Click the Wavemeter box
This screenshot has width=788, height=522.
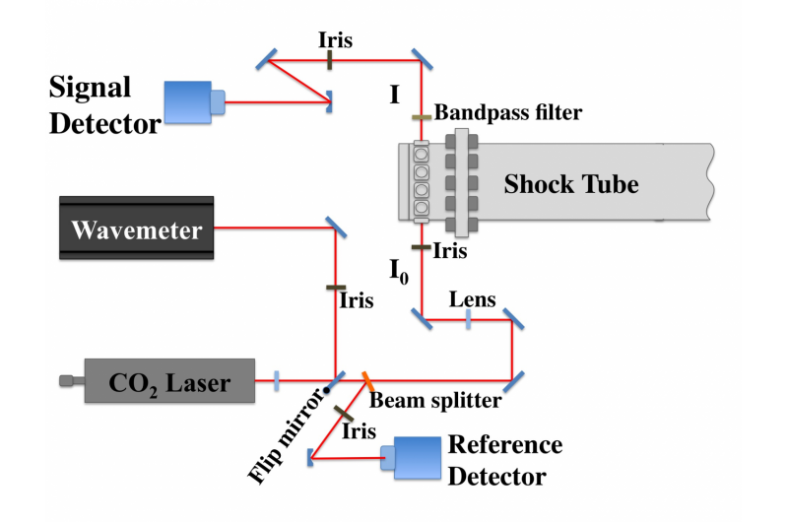click(136, 231)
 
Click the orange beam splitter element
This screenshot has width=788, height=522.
click(366, 379)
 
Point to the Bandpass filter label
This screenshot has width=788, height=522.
click(508, 113)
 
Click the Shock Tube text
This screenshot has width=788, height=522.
click(571, 184)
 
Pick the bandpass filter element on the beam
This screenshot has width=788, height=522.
click(421, 117)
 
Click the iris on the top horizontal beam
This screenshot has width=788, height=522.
click(330, 61)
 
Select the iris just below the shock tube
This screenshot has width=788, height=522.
click(421, 247)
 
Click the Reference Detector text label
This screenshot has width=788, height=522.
click(505, 461)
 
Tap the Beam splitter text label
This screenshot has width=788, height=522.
click(434, 401)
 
